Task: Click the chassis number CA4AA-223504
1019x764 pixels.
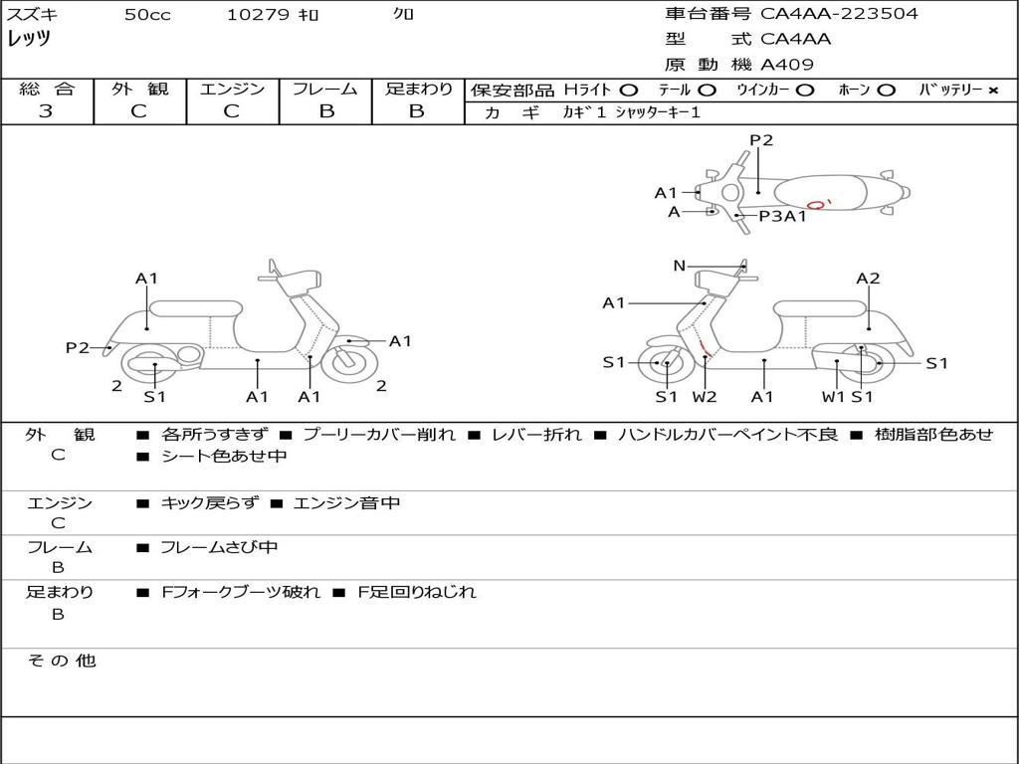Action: point(839,13)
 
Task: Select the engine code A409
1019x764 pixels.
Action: point(787,65)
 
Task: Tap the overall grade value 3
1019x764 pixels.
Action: point(46,111)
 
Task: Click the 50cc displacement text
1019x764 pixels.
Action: point(147,14)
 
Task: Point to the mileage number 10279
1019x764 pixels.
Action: point(258,14)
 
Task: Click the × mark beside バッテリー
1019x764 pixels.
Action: point(992,91)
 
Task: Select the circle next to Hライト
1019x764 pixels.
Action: point(628,91)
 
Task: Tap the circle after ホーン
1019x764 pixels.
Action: point(885,91)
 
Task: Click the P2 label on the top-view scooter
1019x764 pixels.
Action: point(761,139)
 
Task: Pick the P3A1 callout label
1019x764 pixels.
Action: point(783,216)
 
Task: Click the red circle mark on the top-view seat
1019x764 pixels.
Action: point(816,205)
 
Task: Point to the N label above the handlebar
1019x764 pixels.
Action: point(679,265)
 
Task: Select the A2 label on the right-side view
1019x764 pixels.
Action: point(868,279)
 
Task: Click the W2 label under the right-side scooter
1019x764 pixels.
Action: point(705,396)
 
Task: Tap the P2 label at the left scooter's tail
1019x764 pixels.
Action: point(78,347)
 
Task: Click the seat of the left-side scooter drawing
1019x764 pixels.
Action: point(196,308)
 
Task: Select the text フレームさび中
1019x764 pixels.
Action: point(219,548)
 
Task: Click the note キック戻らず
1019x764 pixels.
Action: point(209,502)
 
